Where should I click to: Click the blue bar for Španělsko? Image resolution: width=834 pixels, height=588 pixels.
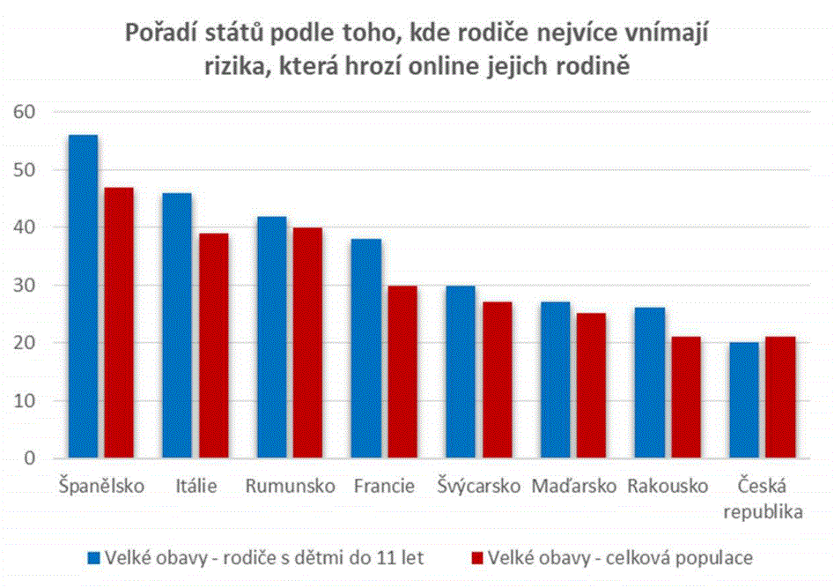click(84, 296)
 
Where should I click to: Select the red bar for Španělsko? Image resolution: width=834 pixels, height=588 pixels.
click(119, 323)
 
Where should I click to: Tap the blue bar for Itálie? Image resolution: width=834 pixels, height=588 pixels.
click(177, 325)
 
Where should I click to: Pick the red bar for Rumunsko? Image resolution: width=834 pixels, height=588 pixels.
click(307, 342)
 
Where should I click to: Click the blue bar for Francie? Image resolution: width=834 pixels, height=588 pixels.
click(366, 348)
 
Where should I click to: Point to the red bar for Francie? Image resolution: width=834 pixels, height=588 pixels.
click(402, 372)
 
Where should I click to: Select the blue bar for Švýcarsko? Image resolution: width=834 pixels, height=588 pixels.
click(461, 372)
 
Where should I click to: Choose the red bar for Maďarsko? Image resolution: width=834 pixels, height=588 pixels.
click(592, 385)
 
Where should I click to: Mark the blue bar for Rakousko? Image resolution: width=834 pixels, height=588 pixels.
click(650, 383)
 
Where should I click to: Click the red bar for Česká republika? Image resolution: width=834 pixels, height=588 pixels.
click(781, 398)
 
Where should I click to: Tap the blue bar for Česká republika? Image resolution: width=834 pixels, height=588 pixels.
click(744, 400)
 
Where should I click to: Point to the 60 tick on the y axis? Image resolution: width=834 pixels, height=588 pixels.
click(25, 112)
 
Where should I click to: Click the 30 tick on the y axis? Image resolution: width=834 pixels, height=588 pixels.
click(25, 285)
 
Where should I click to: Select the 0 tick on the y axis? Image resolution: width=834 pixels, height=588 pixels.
click(30, 458)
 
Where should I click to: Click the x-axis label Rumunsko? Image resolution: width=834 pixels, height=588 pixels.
click(291, 486)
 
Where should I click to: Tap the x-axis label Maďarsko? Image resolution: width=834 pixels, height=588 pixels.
click(574, 486)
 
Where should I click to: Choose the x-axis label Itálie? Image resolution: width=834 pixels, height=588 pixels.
click(196, 486)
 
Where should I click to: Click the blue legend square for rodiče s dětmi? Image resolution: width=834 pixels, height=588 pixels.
click(94, 558)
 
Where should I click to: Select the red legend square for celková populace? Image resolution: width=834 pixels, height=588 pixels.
click(477, 558)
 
